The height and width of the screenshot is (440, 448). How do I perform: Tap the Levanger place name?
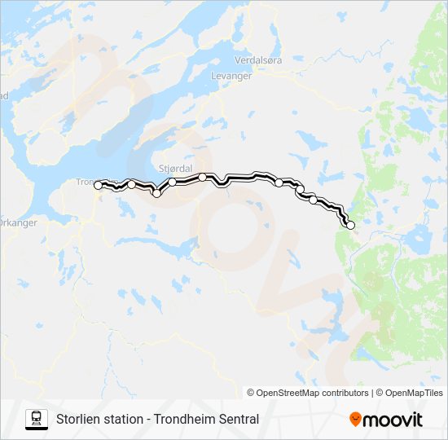pos(232,76)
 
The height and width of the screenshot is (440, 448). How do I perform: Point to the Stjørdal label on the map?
pos(175,168)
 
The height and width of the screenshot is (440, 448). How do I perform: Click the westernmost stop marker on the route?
pos(99,186)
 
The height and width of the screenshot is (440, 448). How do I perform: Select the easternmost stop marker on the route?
pos(351,226)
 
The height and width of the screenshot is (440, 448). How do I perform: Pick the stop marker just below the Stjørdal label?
pos(173,182)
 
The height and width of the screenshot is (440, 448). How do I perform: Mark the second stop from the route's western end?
pos(131,185)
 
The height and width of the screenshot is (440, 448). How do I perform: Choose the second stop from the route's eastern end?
pos(313,200)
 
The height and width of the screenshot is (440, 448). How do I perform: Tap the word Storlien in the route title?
pos(78,420)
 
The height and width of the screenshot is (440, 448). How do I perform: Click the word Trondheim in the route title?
pos(183,420)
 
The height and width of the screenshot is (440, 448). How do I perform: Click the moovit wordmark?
pos(393,420)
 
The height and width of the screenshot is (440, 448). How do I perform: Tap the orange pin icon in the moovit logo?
pos(355,420)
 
